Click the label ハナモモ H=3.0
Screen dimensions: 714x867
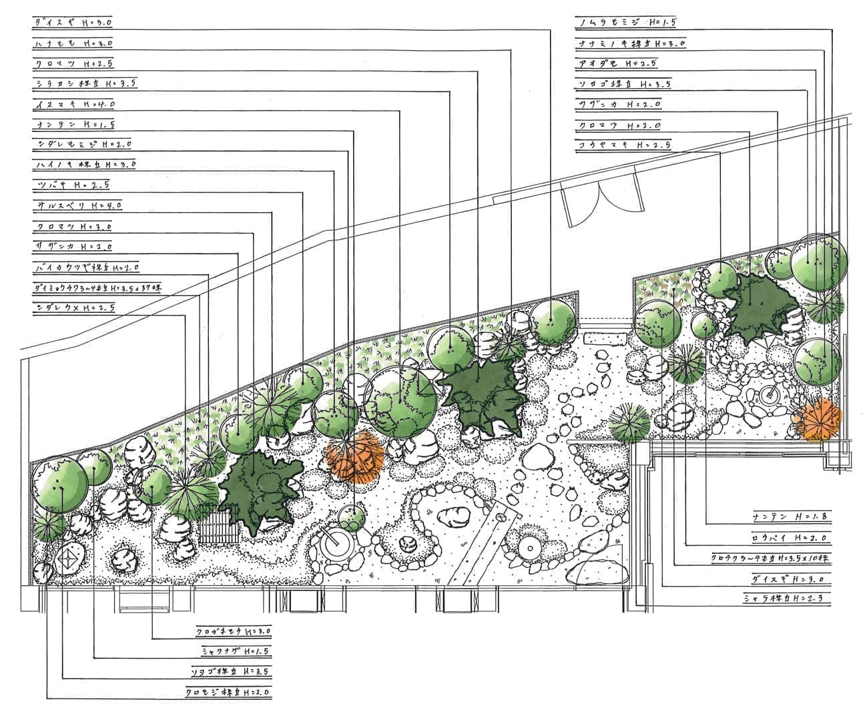click(x=73, y=43)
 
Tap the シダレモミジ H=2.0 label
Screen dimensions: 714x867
click(x=83, y=144)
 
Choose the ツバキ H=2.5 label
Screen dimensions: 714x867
click(x=71, y=185)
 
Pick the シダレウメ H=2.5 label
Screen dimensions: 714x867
click(x=74, y=308)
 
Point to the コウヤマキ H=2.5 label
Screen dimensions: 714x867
click(x=624, y=145)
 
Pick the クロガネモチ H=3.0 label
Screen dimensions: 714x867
click(x=234, y=630)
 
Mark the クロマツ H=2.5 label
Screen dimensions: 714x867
click(x=73, y=64)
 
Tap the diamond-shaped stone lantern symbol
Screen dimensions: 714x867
click(x=69, y=560)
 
